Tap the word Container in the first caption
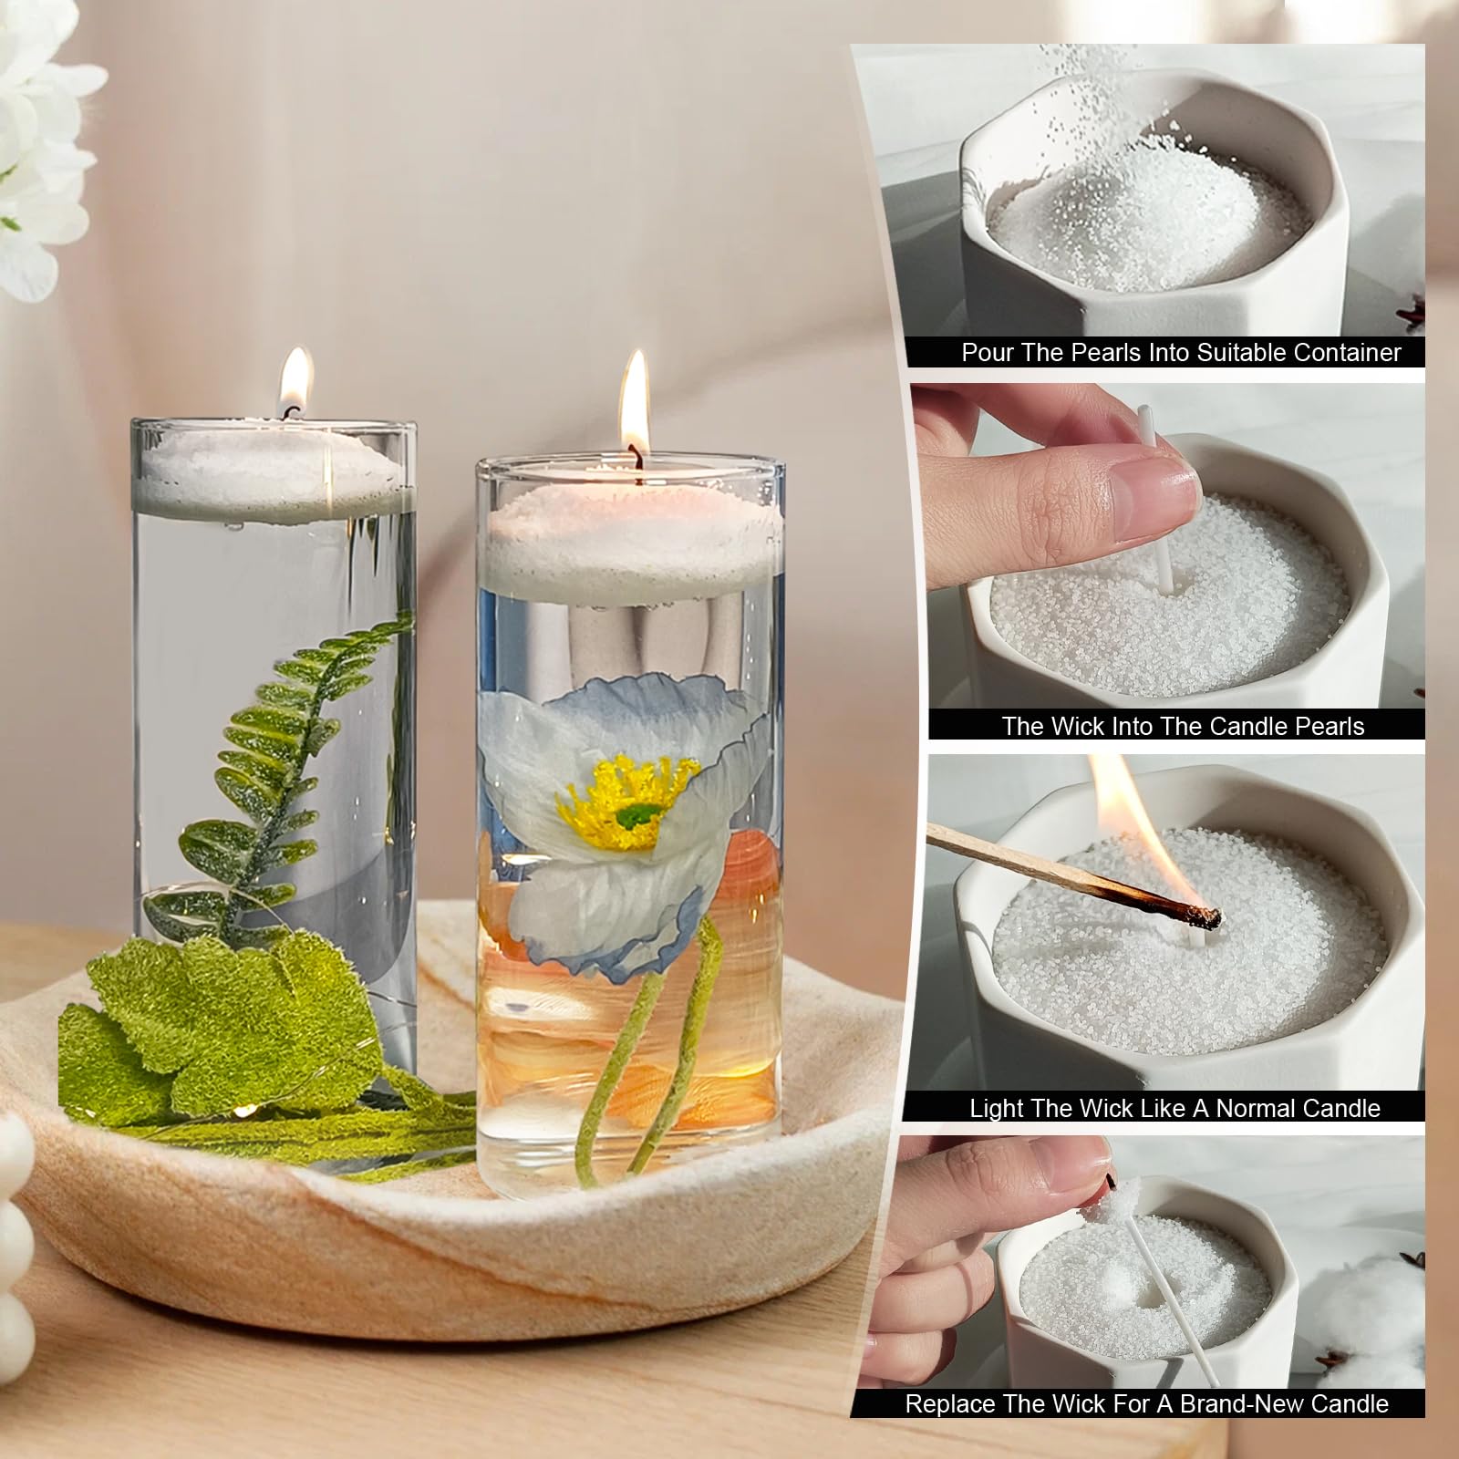coord(1342,353)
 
